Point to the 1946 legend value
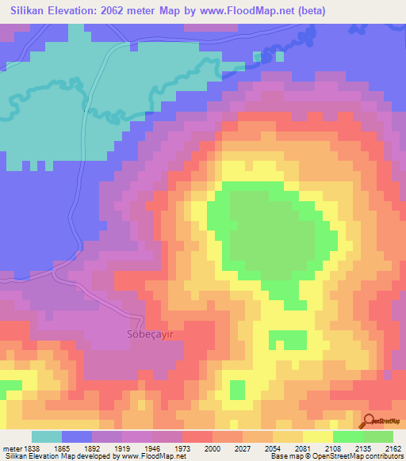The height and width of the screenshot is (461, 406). point(153,448)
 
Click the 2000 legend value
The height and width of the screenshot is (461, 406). point(213,448)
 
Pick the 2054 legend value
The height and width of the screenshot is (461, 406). point(274,448)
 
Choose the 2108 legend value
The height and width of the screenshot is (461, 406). point(333,448)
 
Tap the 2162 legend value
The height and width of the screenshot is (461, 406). point(393,448)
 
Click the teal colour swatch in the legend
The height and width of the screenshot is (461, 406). point(47,436)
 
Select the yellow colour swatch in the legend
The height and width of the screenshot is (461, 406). point(318,436)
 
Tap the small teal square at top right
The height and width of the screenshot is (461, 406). point(257,57)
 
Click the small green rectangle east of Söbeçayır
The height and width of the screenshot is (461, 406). point(287,340)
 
